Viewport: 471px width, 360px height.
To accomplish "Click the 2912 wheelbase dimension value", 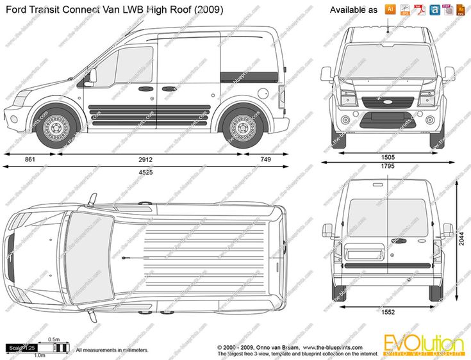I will tap(147, 159).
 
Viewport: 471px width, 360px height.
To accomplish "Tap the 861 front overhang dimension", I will tap(30, 159).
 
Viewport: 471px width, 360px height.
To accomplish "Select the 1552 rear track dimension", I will tap(388, 312).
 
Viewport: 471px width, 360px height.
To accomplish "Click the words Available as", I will tap(353, 10).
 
